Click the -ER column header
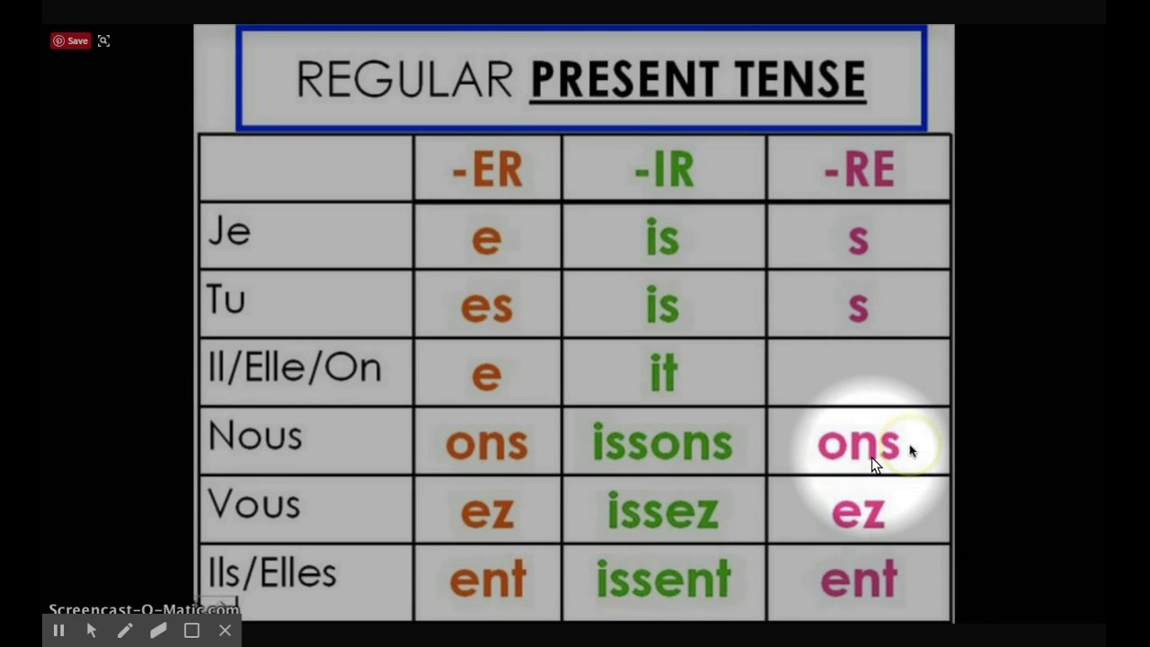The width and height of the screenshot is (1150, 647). [487, 169]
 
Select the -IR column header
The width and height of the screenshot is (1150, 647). [664, 169]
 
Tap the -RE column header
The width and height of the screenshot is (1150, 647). [859, 169]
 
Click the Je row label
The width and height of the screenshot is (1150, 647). [229, 233]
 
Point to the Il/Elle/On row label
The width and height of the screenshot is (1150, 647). [295, 368]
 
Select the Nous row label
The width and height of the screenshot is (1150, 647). [255, 437]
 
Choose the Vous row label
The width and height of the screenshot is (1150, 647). [254, 505]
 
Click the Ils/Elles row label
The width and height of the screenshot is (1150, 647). [271, 573]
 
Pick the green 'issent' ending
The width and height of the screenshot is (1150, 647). [663, 581]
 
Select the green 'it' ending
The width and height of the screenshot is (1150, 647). [663, 374]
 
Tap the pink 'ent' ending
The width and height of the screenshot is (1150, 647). [859, 581]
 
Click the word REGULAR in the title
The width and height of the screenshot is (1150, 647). [404, 80]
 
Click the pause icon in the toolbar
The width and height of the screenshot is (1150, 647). [58, 631]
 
